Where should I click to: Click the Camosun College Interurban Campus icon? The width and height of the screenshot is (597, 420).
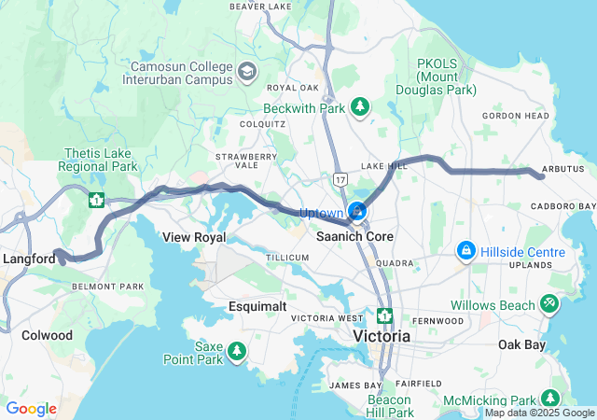[247, 72]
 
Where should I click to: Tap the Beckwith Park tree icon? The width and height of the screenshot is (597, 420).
[359, 108]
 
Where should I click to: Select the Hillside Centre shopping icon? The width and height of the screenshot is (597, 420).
[465, 252]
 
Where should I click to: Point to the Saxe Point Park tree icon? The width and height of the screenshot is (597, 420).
[238, 352]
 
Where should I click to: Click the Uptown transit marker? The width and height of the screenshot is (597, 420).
[357, 212]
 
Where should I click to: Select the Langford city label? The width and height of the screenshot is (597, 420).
[29, 259]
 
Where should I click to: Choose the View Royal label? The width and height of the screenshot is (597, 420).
[194, 237]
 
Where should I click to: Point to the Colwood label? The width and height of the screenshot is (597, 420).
[47, 335]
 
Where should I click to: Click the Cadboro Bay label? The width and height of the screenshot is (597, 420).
[562, 205]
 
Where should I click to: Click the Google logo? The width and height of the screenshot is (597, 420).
[32, 409]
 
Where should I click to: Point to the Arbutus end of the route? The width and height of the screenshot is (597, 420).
[541, 175]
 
